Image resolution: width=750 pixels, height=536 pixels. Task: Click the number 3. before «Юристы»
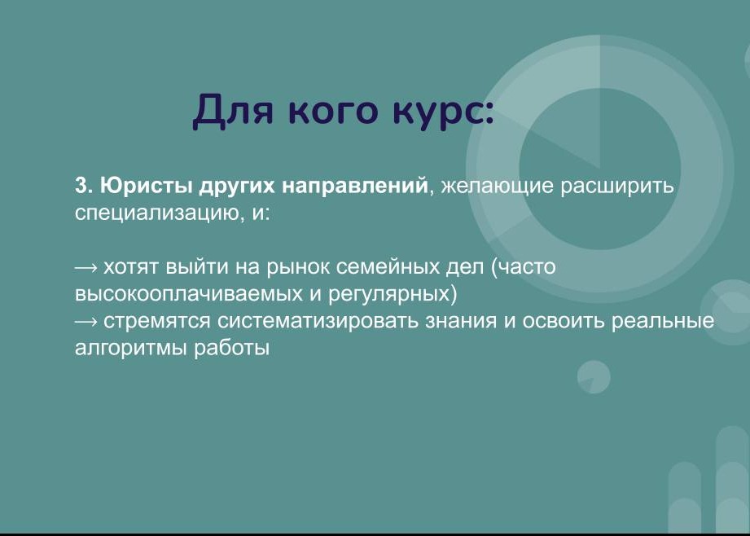click(84, 185)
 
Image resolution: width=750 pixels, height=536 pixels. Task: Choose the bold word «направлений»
click(355, 185)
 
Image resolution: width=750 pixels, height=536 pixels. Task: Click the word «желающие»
click(497, 186)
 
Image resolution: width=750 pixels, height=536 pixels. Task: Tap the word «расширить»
click(617, 186)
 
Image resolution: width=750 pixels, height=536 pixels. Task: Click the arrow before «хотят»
click(86, 267)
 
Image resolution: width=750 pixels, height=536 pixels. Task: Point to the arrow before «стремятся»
click(86, 322)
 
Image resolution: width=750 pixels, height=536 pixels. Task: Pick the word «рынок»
click(298, 267)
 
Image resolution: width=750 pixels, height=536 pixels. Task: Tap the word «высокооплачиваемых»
click(188, 294)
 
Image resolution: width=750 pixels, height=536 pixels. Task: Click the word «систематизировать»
click(318, 321)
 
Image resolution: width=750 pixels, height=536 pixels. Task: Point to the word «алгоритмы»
click(130, 349)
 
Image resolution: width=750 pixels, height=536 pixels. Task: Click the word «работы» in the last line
click(231, 349)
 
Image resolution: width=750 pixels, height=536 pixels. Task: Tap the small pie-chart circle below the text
click(594, 377)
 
